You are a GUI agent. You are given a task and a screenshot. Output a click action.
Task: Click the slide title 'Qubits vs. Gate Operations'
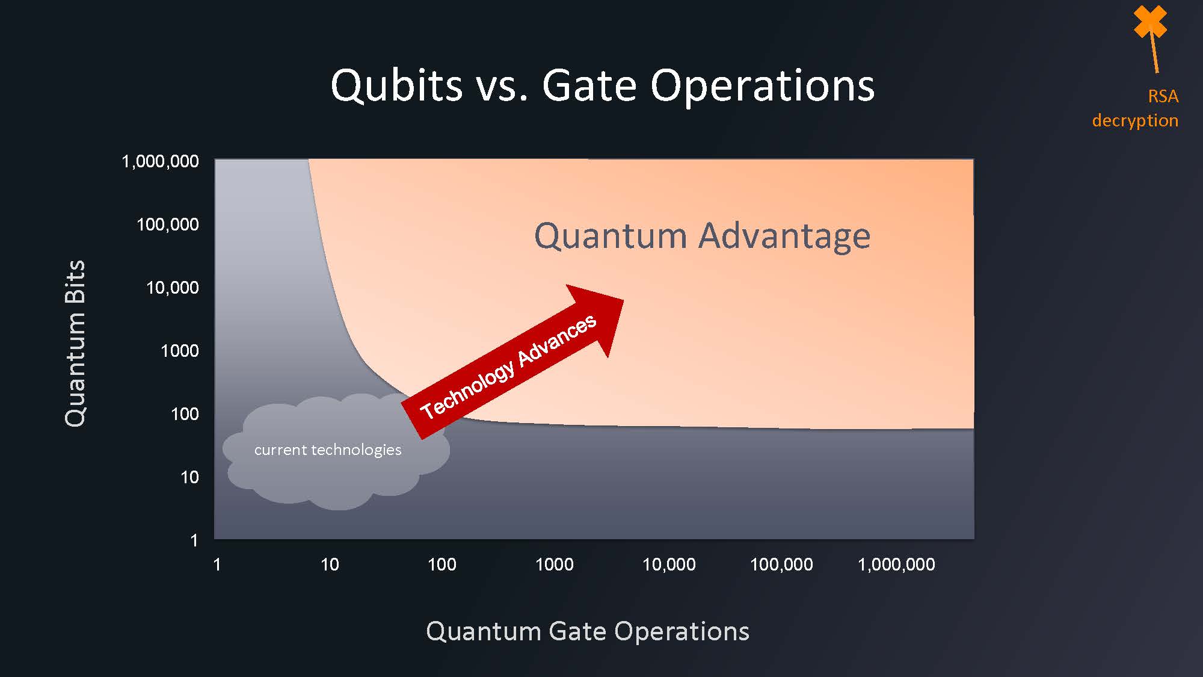click(x=602, y=85)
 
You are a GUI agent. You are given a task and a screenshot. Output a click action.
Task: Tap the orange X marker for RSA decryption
click(x=1150, y=22)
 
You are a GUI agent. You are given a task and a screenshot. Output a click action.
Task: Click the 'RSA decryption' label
click(x=1135, y=108)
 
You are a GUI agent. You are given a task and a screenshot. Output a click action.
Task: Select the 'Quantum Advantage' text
click(x=702, y=235)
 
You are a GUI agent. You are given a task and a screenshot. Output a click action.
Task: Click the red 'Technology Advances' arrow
click(x=512, y=362)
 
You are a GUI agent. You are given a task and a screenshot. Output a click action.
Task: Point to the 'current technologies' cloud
click(x=336, y=451)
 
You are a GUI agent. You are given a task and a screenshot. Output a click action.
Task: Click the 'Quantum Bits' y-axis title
click(x=75, y=344)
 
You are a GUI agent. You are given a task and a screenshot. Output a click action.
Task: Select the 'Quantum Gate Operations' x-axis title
click(x=588, y=632)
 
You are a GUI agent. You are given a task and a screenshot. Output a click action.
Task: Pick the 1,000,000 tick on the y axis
click(x=160, y=161)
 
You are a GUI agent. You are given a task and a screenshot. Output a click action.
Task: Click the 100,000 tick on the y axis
click(x=168, y=224)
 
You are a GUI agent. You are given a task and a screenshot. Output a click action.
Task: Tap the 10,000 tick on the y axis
click(x=173, y=288)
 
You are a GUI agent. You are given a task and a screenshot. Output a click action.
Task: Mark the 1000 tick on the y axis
click(x=180, y=351)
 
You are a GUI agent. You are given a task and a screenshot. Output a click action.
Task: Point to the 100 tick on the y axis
click(x=185, y=414)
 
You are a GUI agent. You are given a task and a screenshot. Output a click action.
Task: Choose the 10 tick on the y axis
click(x=189, y=477)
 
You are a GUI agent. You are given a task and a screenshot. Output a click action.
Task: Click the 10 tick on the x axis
click(x=330, y=564)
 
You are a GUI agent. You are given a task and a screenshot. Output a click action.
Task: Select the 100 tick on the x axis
click(x=442, y=564)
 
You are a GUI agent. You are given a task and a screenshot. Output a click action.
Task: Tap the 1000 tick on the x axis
click(x=555, y=564)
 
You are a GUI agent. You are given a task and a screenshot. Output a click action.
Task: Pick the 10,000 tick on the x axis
click(x=669, y=564)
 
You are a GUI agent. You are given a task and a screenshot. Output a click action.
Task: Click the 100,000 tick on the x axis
click(x=781, y=564)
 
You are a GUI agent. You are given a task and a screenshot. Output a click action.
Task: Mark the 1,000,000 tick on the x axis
click(x=896, y=564)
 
